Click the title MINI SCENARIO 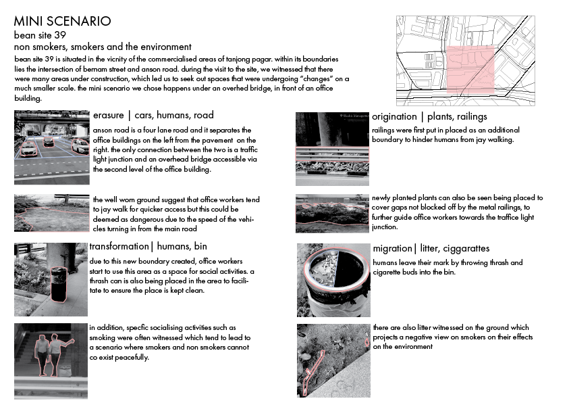pos(62,22)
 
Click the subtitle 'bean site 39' pos(40,35)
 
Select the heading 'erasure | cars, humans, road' pos(153,115)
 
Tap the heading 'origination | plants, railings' pos(429,117)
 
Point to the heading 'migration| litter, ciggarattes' pos(431,248)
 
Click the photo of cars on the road pos(51,147)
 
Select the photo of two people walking pos(51,350)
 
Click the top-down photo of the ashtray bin pos(333,279)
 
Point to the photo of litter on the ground pos(333,360)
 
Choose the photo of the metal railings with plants pos(332,149)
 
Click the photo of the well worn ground pos(51,212)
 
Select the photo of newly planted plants pos(332,213)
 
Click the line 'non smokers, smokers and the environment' pos(103,47)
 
